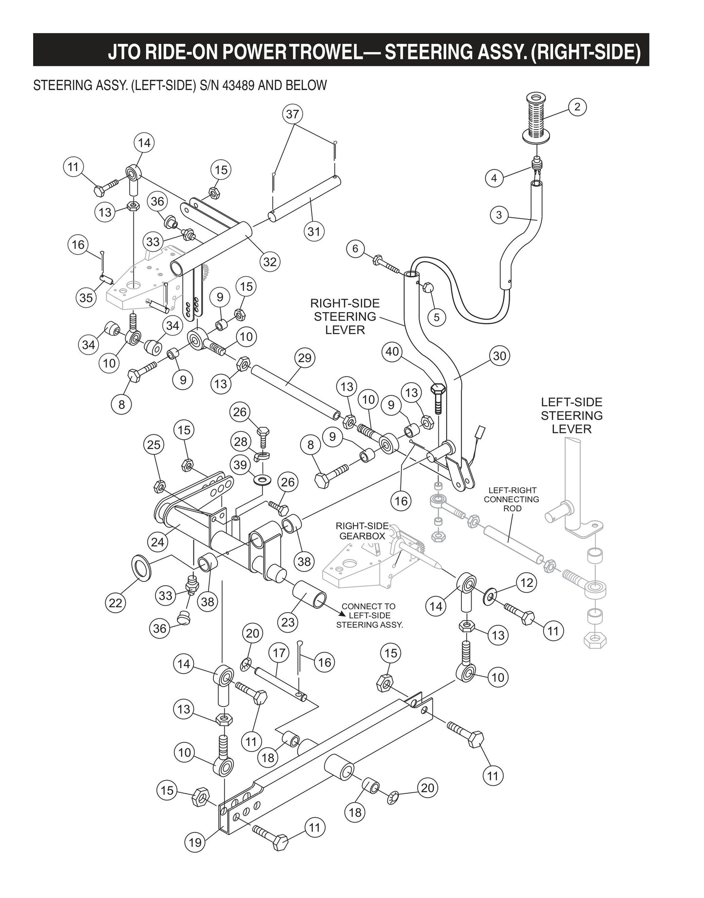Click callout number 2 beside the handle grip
tap(577, 107)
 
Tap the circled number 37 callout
tap(292, 114)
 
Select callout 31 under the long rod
tap(314, 231)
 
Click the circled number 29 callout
tap(304, 358)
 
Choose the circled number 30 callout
tap(499, 356)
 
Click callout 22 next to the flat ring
tap(115, 603)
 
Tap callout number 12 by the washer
tap(526, 582)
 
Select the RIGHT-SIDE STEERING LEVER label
tap(345, 317)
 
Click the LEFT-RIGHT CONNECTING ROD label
tap(512, 499)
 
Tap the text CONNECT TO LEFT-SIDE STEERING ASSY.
tap(369, 616)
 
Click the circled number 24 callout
tap(157, 542)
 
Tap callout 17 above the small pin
tap(279, 653)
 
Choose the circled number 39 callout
tap(240, 465)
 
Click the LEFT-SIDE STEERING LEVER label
tap(571, 415)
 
